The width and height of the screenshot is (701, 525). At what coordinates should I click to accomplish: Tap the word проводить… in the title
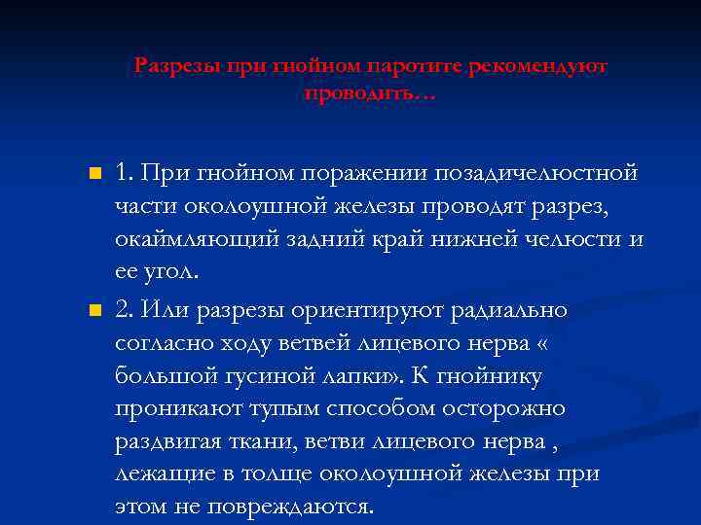click(x=370, y=93)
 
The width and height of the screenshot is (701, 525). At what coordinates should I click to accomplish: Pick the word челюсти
click(x=576, y=239)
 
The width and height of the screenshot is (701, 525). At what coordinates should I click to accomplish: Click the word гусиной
click(x=280, y=375)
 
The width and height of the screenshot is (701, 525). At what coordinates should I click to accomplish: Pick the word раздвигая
click(x=171, y=441)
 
